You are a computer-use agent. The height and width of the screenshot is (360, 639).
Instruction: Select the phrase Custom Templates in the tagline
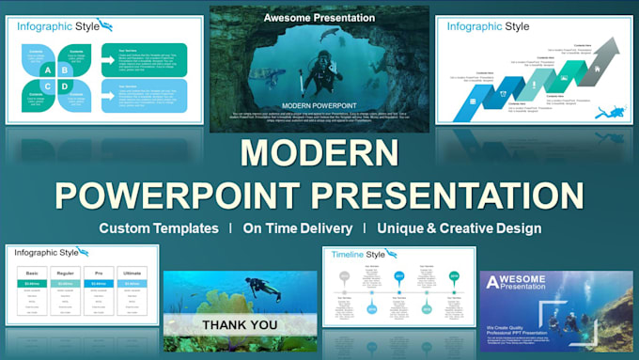159,228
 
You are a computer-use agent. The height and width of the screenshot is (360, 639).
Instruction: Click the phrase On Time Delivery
298,228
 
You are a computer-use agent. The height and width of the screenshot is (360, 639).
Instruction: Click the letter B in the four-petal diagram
64,68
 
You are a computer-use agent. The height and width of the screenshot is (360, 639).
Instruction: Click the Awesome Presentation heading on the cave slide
319,18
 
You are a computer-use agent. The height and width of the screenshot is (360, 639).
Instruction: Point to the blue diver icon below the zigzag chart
613,113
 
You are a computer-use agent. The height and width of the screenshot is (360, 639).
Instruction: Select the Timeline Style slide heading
361,254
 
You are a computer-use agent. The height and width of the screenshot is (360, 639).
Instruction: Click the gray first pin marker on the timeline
344,276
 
